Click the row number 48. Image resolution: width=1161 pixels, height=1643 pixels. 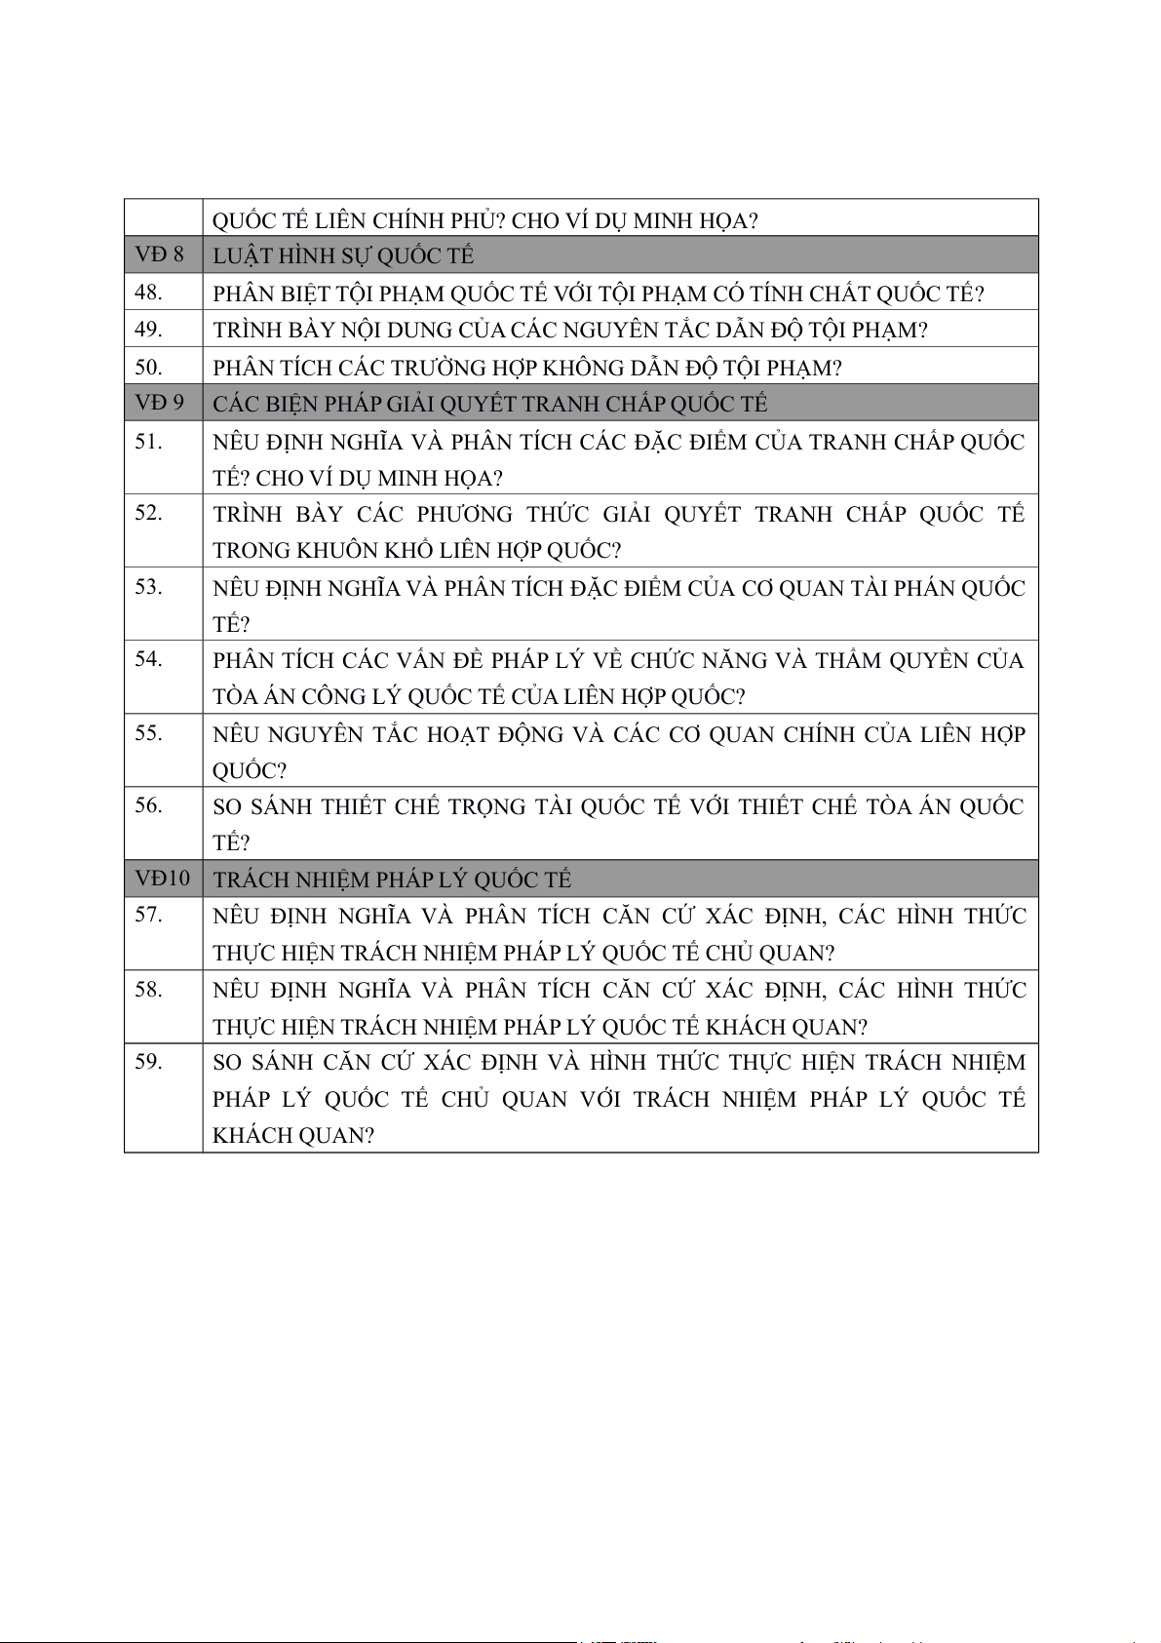point(148,293)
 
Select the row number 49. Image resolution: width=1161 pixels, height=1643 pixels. point(148,330)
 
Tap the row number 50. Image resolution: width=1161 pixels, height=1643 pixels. point(148,368)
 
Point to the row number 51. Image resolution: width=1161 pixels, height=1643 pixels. point(148,442)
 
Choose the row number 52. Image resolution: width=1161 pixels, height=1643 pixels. point(148,513)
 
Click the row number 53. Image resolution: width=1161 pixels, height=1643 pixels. point(148,587)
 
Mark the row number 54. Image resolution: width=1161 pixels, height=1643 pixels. point(148,659)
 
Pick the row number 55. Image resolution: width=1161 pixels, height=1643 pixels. point(148,733)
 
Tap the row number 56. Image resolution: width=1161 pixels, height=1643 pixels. point(148,805)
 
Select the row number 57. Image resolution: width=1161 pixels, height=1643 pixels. point(148,915)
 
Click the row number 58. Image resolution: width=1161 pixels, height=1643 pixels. point(148,990)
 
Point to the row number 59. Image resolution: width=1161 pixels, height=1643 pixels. point(148,1062)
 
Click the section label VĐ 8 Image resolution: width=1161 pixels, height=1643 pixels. point(159,254)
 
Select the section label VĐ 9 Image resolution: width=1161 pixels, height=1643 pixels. point(159,403)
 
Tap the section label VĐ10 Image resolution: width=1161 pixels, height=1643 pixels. point(162,879)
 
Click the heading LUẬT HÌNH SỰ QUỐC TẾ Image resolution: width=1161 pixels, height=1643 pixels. point(343,255)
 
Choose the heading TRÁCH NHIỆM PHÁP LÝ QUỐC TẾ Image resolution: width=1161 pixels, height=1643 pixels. point(392,880)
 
